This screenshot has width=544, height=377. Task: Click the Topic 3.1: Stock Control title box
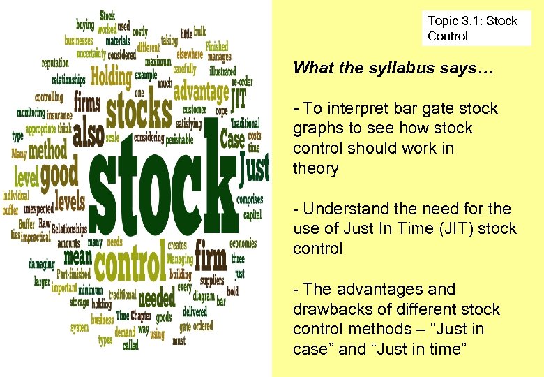[x=476, y=29]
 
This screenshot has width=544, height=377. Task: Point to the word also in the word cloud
[x=88, y=133]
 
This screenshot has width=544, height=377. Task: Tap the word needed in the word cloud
[x=157, y=298]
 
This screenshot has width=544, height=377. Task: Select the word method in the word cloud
[x=48, y=149]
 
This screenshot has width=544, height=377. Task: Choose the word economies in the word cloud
[x=243, y=244]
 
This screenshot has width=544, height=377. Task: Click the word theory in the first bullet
[x=315, y=168]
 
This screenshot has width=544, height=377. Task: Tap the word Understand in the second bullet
[x=347, y=209]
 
